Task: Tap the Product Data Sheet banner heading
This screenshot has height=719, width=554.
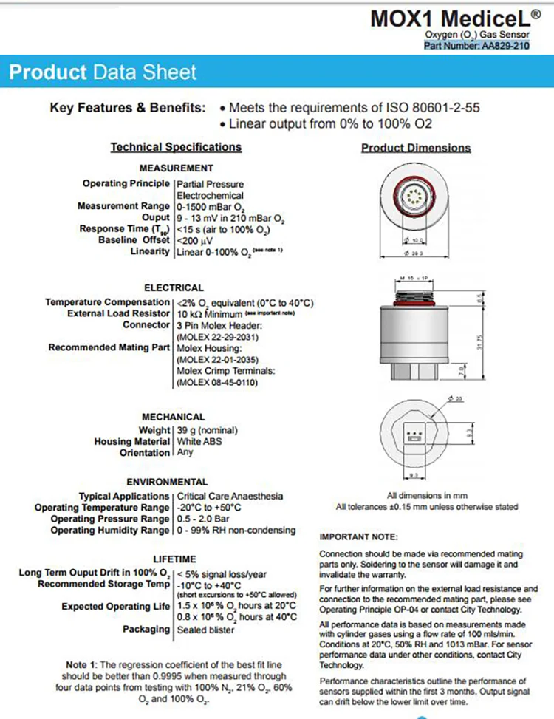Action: (x=103, y=72)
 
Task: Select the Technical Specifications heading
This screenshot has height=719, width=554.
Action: (x=176, y=147)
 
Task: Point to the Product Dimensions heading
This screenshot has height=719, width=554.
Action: (x=416, y=148)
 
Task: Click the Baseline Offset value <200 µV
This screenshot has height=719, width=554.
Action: (x=196, y=240)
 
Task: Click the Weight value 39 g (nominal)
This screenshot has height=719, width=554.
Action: (x=207, y=430)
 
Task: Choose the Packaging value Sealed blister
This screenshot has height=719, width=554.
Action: (x=205, y=630)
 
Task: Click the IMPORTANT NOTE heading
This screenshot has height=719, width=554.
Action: (x=358, y=536)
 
